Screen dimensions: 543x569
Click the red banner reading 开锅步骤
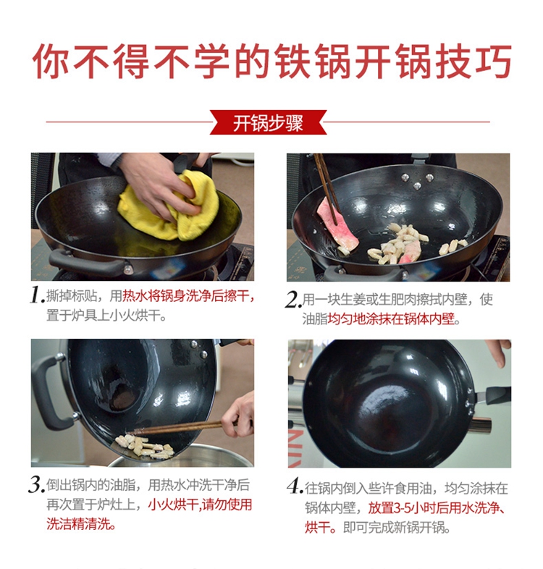click(268, 122)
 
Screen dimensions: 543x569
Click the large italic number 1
click(37, 296)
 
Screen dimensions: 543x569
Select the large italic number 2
click(293, 300)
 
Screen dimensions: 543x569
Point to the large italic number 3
click(36, 485)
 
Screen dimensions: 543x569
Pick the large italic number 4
click(295, 486)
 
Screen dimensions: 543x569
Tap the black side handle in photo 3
click(51, 392)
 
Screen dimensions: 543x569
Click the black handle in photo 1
click(86, 264)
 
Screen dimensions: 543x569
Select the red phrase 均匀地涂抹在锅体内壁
click(391, 319)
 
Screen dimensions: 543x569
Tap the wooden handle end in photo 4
click(480, 425)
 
